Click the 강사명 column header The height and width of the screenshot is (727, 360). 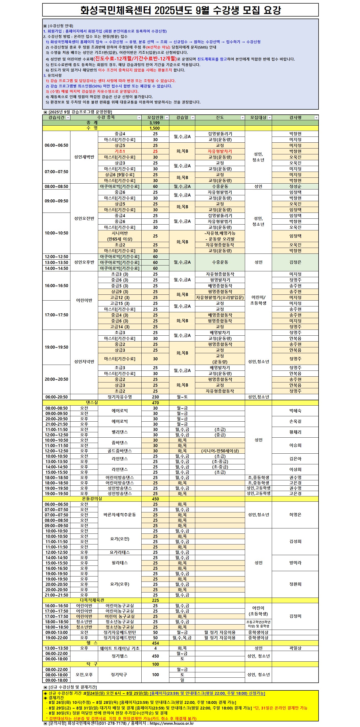(295, 117)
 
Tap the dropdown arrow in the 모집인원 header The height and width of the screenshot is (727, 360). (167, 118)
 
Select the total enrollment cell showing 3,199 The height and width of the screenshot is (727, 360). (155, 123)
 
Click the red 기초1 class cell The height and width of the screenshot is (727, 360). (120, 151)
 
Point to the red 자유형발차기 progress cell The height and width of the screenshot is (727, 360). (219, 151)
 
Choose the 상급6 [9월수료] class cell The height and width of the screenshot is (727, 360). (120, 175)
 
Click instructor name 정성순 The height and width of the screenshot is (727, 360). (295, 186)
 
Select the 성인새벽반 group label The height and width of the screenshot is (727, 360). (84, 157)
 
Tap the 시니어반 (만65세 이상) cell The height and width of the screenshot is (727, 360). (120, 236)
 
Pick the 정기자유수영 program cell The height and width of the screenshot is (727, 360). (120, 397)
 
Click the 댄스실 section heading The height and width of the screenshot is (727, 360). (92, 403)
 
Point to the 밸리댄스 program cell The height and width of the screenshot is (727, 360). (120, 432)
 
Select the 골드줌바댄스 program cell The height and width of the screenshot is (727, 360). (120, 451)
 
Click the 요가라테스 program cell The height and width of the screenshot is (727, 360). (120, 552)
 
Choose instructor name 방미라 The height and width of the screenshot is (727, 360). (295, 563)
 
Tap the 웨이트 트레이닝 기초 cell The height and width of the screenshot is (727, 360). (120, 648)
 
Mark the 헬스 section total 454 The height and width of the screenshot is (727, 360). (155, 643)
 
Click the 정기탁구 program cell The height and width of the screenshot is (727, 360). (120, 675)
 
